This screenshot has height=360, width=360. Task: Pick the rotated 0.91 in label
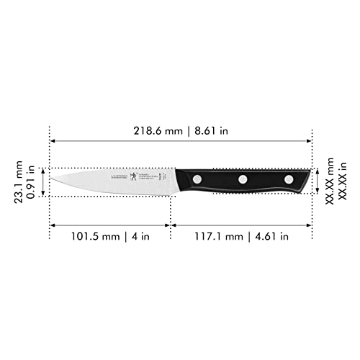pos(32,181)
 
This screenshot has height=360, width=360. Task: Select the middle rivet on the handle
pos(243,178)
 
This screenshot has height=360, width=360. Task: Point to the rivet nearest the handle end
pos(289,178)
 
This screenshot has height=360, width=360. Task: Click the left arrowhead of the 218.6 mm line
pos(52,140)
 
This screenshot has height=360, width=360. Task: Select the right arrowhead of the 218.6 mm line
pos(310,140)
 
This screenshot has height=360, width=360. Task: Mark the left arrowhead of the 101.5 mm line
pos(52,225)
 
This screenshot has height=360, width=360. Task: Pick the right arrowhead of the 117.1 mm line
pos(310,225)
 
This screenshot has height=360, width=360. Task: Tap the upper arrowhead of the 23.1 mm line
pos(44,171)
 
